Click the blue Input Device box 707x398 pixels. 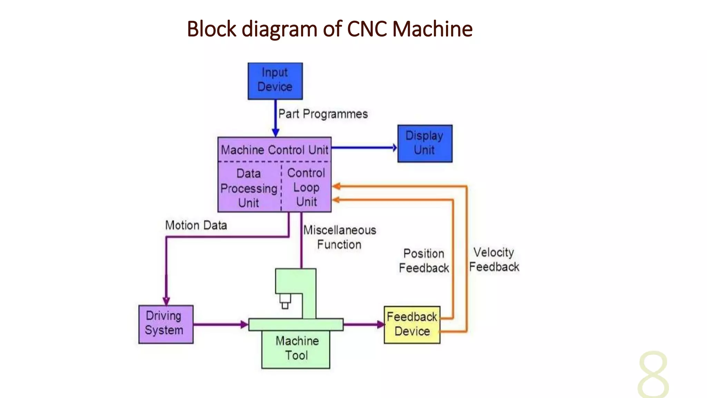point(275,81)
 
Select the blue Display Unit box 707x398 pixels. point(425,143)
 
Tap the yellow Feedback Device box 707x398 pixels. point(412,324)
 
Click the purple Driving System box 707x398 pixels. point(166,324)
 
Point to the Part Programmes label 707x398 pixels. point(323,114)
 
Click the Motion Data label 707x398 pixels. point(196,225)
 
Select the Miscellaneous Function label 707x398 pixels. point(339,237)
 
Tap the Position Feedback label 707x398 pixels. point(424,260)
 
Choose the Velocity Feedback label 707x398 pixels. point(494,259)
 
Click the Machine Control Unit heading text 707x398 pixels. point(274,150)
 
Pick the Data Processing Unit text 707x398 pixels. point(249,188)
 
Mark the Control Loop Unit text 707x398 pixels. point(306,187)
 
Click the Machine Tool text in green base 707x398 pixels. point(297,348)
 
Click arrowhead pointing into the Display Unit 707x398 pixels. point(395,148)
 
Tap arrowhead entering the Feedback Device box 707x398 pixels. point(381,324)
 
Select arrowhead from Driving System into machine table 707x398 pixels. point(244,324)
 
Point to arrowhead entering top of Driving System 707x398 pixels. point(166,301)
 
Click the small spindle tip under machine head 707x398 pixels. point(285,305)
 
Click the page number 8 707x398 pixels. point(653,375)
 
